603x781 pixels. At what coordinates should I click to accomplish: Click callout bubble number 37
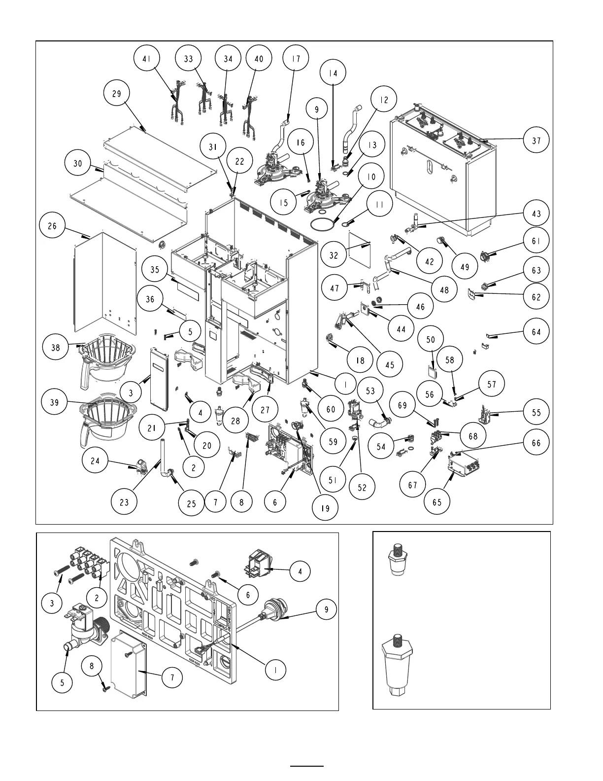pyautogui.click(x=536, y=141)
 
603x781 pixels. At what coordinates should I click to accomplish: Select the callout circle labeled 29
pyautogui.click(x=117, y=93)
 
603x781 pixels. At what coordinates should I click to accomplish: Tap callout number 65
pyautogui.click(x=437, y=502)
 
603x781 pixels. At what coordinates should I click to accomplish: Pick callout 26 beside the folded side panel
pyautogui.click(x=52, y=226)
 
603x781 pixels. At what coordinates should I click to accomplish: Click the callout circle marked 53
pyautogui.click(x=370, y=390)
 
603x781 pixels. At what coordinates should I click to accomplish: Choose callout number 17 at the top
pyautogui.click(x=296, y=58)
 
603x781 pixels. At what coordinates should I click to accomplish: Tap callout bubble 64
pyautogui.click(x=536, y=332)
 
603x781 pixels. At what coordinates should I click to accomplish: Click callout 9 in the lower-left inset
pyautogui.click(x=327, y=609)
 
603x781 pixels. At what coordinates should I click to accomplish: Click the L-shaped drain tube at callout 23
pyautogui.click(x=163, y=461)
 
